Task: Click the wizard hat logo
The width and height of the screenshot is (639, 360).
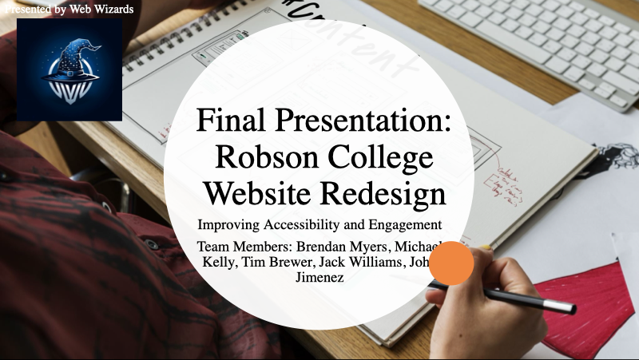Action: (x=69, y=69)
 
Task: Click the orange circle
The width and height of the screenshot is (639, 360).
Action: (x=452, y=263)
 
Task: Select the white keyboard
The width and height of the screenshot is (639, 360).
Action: (x=543, y=40)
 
